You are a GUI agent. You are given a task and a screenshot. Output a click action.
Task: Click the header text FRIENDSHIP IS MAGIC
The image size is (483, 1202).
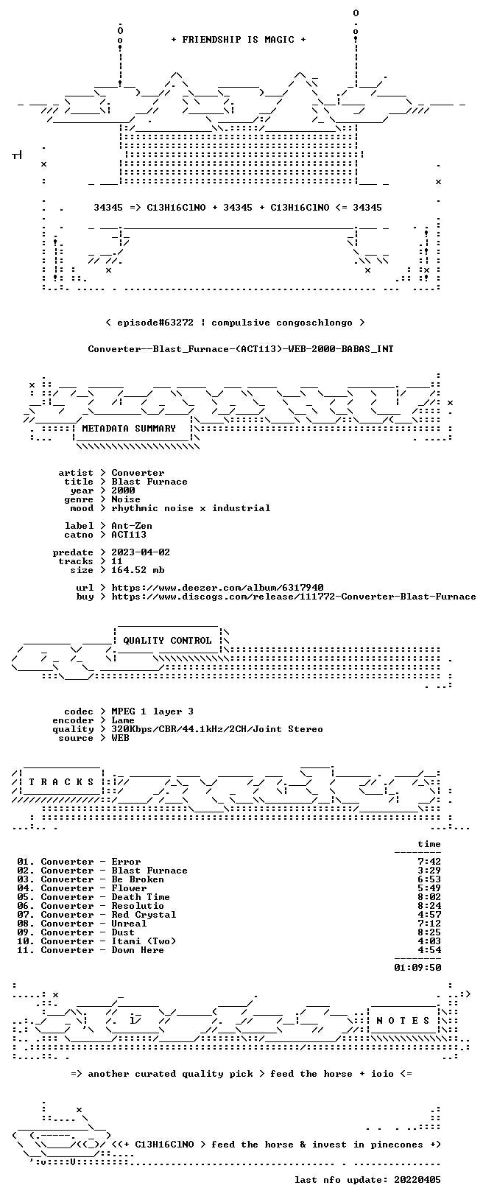pos(239,40)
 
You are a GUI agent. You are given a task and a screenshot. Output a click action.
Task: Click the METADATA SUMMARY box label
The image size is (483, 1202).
pos(129,428)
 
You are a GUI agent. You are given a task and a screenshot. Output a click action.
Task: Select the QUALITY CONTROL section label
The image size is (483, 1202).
pos(167,640)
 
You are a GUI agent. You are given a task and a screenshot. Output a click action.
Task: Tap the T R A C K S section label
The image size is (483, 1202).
pos(62,782)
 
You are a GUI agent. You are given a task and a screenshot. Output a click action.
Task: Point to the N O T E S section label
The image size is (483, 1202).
pos(403,1020)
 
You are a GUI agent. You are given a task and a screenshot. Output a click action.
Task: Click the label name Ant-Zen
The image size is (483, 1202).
pos(132,526)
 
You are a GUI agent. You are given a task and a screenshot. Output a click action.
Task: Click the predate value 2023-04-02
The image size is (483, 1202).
pos(141,552)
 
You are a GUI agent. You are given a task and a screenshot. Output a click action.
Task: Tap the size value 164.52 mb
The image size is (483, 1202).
pos(138,570)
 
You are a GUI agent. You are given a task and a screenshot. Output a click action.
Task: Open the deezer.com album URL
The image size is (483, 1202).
pos(217,588)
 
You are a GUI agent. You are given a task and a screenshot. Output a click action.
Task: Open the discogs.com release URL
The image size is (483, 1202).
pos(294,596)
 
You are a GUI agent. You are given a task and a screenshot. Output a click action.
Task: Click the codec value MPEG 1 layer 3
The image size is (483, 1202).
pos(152,711)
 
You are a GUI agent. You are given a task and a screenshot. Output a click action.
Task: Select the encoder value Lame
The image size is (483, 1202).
pos(123,720)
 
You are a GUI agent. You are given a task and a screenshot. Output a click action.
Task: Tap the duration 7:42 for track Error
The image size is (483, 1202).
pos(429,861)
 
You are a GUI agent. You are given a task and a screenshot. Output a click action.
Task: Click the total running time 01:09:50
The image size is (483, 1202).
pos(417,967)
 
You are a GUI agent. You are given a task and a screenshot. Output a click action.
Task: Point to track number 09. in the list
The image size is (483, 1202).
pos(26,932)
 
